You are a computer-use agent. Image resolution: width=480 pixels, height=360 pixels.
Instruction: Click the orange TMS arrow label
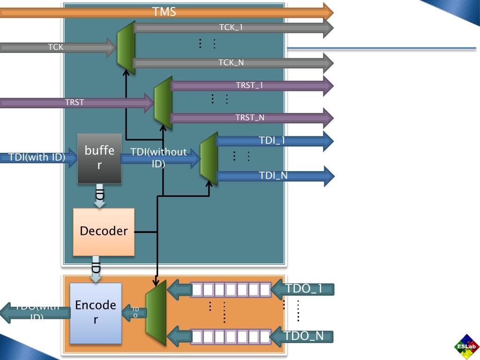pos(164,12)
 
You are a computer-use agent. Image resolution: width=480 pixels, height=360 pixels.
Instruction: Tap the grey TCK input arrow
pos(56,47)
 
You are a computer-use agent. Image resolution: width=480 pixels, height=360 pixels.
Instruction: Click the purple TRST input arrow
pos(75,102)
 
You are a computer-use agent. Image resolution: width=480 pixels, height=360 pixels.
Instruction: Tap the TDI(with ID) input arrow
pos(37,157)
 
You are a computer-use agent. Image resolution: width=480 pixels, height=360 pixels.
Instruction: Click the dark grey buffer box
pos(99,158)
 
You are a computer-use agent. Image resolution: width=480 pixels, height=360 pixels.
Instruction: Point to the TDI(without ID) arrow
pos(159,158)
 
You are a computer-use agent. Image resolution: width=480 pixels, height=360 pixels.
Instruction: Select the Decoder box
pos(104,232)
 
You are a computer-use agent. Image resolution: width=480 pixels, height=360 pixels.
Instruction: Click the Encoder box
pos(96,313)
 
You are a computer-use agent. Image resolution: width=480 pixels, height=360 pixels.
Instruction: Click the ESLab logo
pos(466,347)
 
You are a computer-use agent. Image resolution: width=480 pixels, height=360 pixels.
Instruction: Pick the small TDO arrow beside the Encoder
pos(135,312)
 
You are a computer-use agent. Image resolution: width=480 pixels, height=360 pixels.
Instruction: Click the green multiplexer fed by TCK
pos(126,47)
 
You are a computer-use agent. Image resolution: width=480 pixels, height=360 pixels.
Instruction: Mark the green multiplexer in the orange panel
pos(156,313)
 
